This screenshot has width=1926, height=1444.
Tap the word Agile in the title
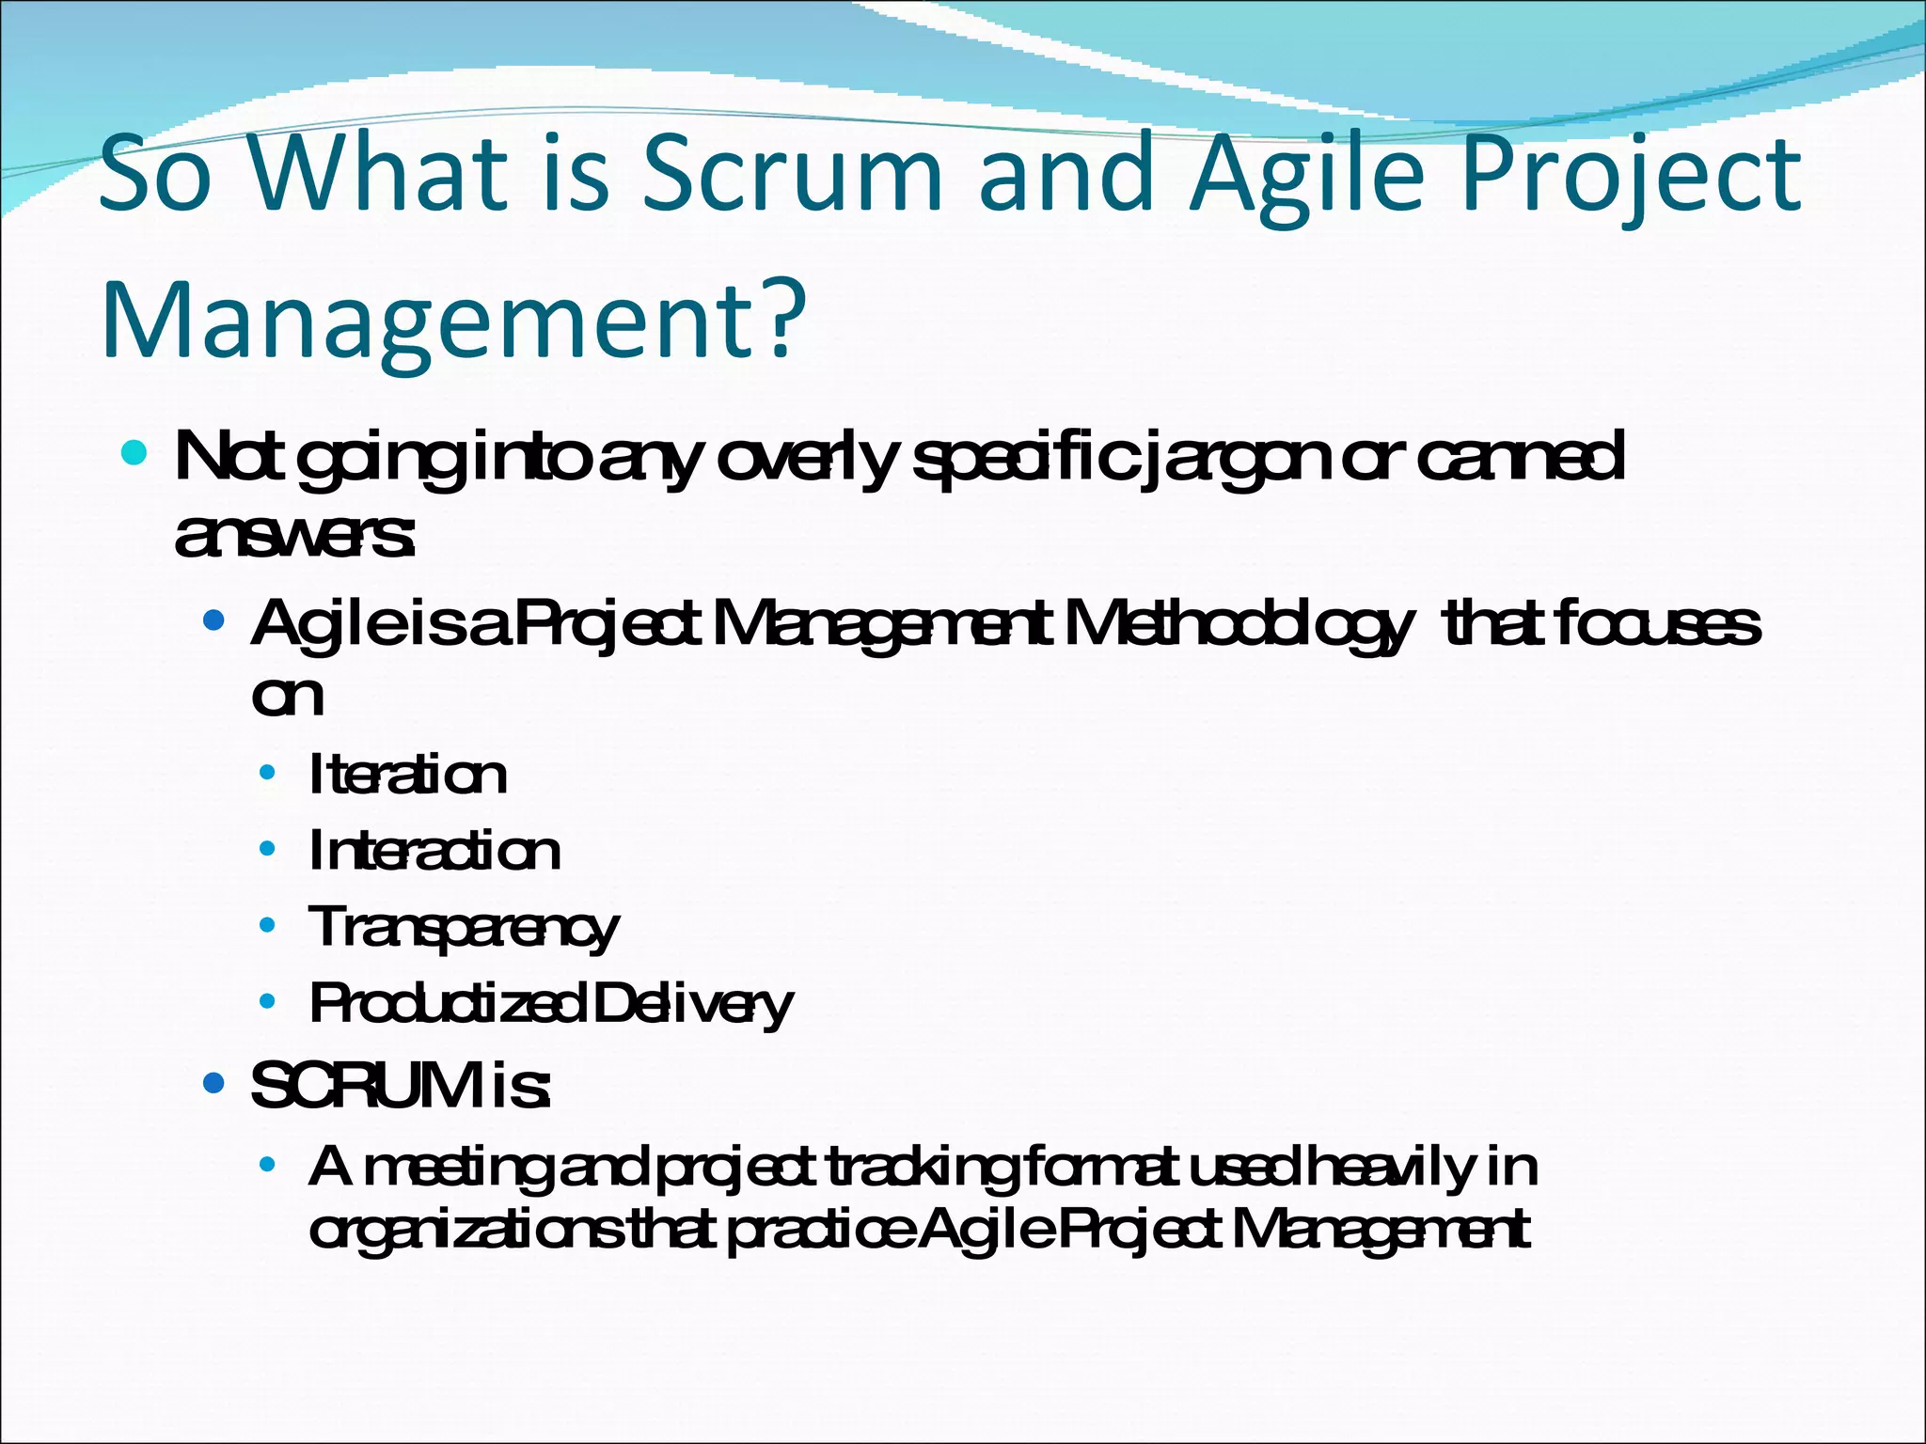(x=1307, y=173)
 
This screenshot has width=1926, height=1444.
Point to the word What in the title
(x=377, y=173)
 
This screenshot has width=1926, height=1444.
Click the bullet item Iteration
(x=407, y=775)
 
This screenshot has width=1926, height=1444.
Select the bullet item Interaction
(x=434, y=851)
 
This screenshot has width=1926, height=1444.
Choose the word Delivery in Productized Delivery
(x=693, y=1004)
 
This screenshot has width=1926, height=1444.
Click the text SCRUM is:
(x=401, y=1086)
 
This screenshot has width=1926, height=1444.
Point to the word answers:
(x=294, y=536)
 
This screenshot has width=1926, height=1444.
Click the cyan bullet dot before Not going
(x=134, y=455)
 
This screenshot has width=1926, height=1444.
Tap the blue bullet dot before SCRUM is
(x=214, y=1084)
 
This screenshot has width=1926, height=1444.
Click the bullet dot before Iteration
(x=268, y=773)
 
